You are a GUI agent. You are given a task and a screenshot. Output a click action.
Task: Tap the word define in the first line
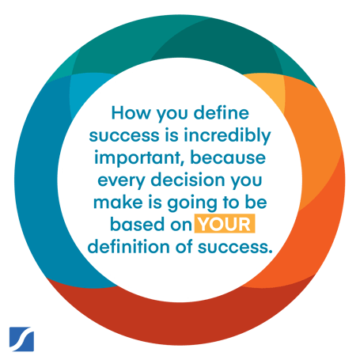pos(222,112)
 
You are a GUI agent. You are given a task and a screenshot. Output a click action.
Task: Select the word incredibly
pos(227,136)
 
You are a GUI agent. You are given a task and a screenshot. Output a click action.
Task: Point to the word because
pos(228,157)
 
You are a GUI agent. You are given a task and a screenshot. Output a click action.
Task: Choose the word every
pos(121,180)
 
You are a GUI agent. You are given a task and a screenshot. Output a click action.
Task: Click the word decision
pos(188,180)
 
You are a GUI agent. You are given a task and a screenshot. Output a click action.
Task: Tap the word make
pos(118,203)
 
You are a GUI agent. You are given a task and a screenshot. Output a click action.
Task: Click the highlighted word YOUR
pos(225,224)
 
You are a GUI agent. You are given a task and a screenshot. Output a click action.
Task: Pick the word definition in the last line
pos(128,247)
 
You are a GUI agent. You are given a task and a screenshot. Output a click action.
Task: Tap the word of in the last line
pos(184,247)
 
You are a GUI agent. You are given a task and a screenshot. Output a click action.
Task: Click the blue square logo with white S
pos(21,339)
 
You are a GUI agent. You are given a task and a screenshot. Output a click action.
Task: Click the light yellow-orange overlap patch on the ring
pos(267,89)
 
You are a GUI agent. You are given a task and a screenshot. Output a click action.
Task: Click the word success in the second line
pos(124,136)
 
